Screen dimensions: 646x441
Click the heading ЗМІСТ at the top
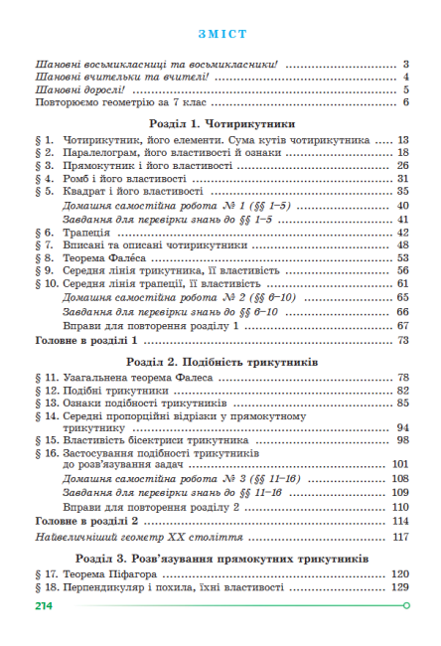pyautogui.click(x=220, y=32)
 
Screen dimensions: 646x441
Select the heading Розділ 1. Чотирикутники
pyautogui.click(x=220, y=125)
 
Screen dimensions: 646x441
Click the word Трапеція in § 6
pyautogui.click(x=83, y=231)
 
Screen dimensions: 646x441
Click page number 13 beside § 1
pyautogui.click(x=403, y=140)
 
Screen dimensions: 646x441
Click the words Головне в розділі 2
pyautogui.click(x=85, y=521)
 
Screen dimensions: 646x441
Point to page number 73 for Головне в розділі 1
pyautogui.click(x=403, y=340)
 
